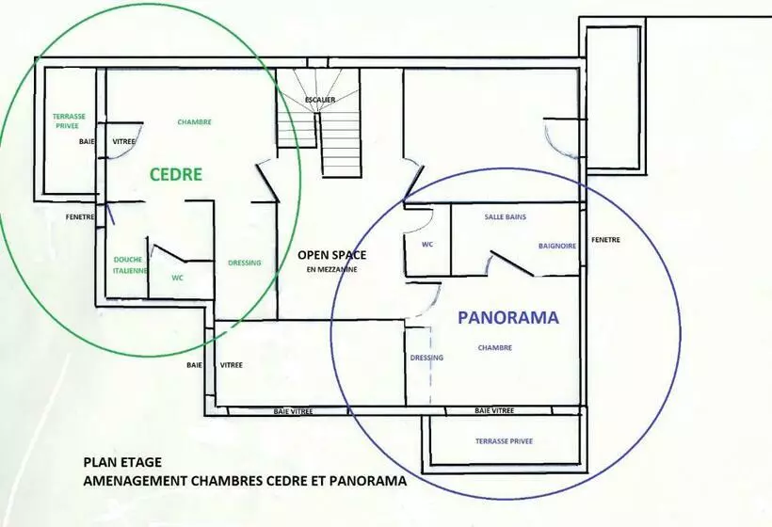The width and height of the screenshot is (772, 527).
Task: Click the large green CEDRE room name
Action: (176, 175)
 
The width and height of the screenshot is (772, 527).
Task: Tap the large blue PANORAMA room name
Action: (508, 317)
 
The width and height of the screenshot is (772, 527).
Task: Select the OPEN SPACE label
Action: (331, 255)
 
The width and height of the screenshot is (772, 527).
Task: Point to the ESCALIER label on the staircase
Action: (320, 100)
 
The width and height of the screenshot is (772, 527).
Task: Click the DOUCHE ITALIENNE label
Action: (130, 264)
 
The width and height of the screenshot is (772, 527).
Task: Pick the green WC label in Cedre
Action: (177, 278)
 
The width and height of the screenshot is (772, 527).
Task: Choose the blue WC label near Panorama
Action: (427, 245)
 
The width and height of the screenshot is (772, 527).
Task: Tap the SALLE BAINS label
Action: (506, 216)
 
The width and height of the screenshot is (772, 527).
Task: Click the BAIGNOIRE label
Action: (557, 246)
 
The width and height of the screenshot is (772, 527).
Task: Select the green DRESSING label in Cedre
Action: (245, 263)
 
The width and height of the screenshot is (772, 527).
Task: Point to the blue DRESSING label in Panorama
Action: (426, 358)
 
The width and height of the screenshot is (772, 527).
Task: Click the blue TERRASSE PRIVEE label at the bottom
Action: (505, 441)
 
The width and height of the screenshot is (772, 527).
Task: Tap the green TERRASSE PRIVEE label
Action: (69, 121)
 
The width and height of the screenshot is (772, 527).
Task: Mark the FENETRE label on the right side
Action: (605, 240)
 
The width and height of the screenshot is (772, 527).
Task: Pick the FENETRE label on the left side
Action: (80, 216)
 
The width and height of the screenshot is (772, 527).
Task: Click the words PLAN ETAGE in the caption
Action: (122, 463)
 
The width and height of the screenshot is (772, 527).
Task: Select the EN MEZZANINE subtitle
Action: (331, 270)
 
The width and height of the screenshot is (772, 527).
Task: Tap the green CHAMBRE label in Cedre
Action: (195, 122)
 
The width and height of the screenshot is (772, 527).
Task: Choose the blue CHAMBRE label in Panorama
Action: (495, 348)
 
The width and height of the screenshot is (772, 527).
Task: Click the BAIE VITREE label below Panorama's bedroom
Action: (494, 410)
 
